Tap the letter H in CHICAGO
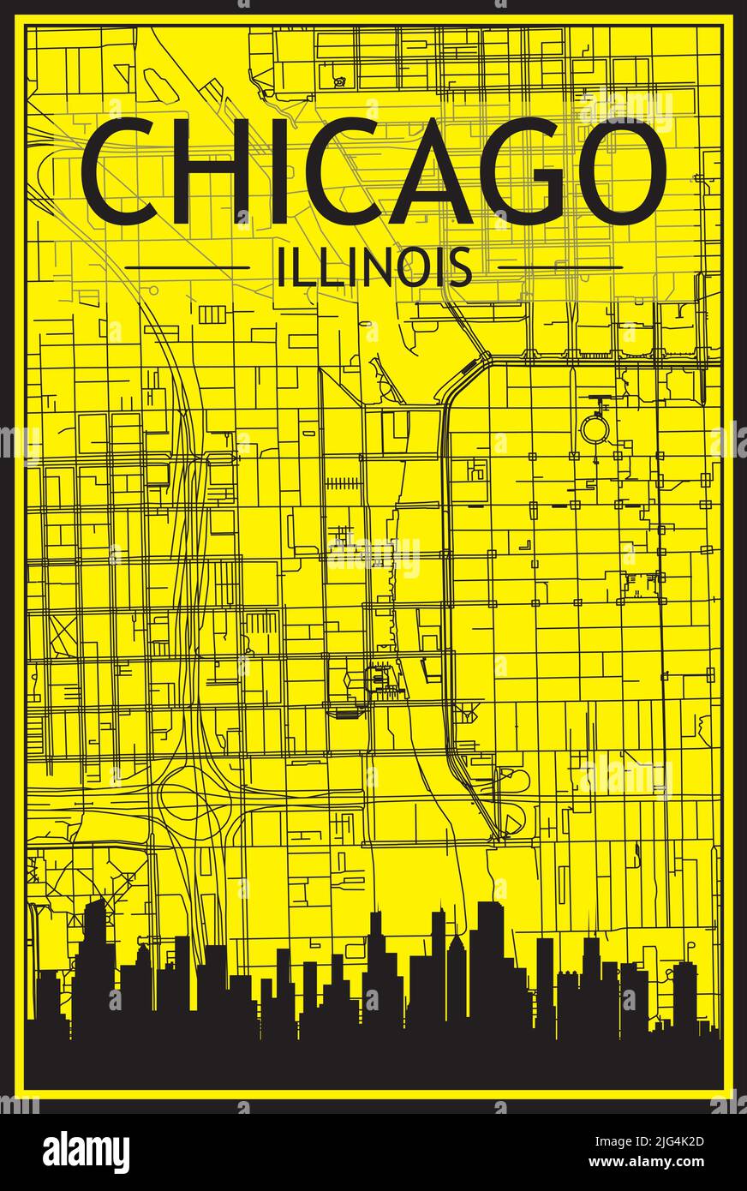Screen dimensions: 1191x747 point(209,172)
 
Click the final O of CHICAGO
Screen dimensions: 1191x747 point(620,172)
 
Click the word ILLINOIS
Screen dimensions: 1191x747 point(373,266)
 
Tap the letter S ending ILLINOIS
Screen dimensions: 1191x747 point(462,266)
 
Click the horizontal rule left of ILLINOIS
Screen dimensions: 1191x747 point(188,267)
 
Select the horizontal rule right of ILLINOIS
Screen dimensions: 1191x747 point(559,267)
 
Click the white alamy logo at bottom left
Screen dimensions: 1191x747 point(86,1152)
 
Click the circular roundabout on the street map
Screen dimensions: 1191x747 point(593,428)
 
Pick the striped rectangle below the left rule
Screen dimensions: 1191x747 point(211,314)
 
